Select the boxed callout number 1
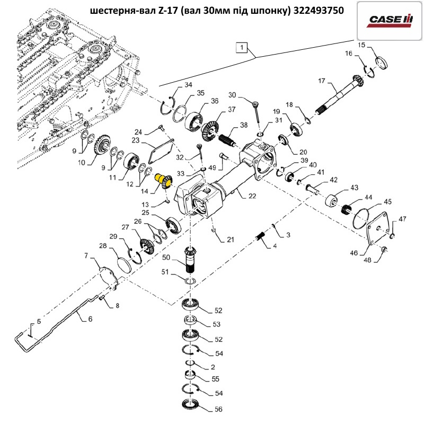(x=241, y=48)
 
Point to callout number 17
(x=321, y=81)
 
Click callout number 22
(x=252, y=196)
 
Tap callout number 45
(x=388, y=201)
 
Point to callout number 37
(x=232, y=110)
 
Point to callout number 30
(x=232, y=95)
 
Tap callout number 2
(x=213, y=366)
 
